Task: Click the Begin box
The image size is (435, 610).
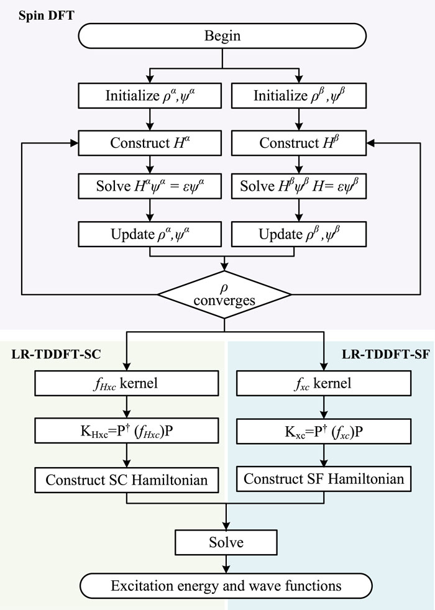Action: tap(222, 36)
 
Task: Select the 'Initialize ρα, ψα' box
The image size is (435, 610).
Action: tap(149, 96)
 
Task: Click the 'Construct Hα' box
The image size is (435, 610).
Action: tap(149, 142)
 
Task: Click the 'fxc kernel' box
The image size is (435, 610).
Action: tap(323, 383)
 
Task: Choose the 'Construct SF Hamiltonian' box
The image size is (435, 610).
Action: tap(323, 479)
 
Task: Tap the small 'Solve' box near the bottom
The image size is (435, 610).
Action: tap(225, 542)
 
